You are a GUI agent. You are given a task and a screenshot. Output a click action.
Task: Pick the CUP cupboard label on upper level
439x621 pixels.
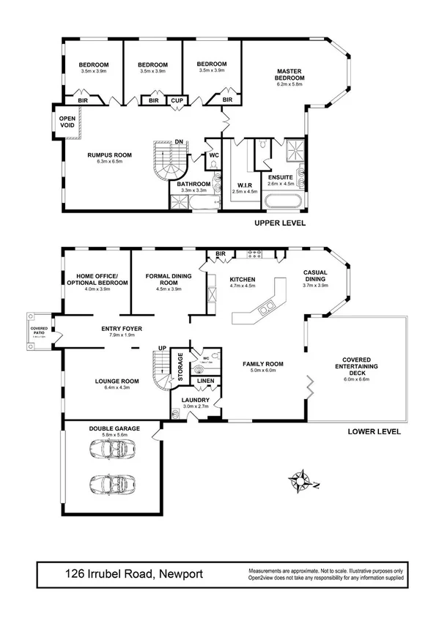click(x=177, y=100)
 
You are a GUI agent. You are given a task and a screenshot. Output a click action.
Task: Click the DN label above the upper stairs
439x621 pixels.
click(x=179, y=141)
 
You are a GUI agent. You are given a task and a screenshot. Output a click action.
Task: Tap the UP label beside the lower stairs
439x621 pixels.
click(x=163, y=348)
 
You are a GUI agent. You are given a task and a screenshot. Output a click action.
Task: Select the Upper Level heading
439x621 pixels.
click(x=279, y=223)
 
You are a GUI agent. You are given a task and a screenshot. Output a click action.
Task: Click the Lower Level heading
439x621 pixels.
click(x=374, y=431)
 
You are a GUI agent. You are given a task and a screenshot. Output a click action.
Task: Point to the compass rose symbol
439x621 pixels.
click(x=300, y=481)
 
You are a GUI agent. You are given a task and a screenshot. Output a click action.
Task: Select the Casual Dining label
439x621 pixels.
click(x=315, y=276)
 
